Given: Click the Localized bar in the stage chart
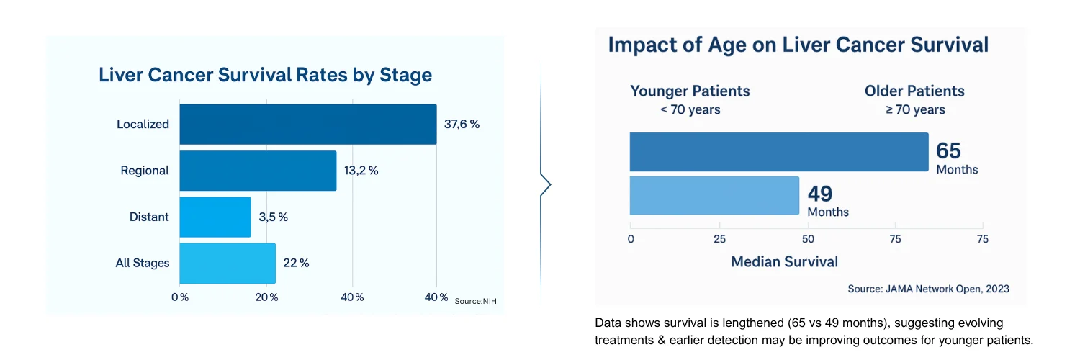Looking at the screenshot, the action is click(x=308, y=125).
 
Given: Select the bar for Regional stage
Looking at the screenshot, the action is click(x=258, y=171).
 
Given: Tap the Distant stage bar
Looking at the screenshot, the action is click(x=215, y=217).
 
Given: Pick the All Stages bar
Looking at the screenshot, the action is click(x=228, y=263).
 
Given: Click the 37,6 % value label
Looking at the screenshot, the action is click(x=462, y=125).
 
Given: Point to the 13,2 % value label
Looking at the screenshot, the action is click(x=361, y=171).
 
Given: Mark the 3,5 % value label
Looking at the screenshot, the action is click(x=274, y=217).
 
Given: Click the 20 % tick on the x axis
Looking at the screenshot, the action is click(x=266, y=297).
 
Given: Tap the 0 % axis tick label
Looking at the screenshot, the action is click(x=180, y=297).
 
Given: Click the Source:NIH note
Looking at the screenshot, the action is click(x=475, y=301).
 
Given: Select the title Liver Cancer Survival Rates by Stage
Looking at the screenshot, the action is click(x=265, y=75).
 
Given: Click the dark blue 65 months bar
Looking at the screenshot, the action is click(x=779, y=152).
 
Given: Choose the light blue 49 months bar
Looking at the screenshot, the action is click(x=714, y=196).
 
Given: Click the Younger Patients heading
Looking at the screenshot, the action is click(x=690, y=91).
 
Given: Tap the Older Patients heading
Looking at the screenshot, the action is click(x=914, y=91).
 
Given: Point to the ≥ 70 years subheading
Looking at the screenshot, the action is click(x=915, y=110).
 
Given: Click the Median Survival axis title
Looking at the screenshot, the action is click(x=785, y=261).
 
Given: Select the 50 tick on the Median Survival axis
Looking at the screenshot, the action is click(x=808, y=239).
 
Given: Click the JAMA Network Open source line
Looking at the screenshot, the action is click(x=929, y=289).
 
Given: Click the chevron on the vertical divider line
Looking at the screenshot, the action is click(x=546, y=184).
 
